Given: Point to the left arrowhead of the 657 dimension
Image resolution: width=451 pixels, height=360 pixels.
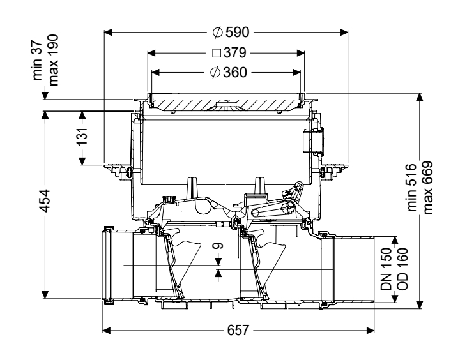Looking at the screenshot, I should (x=106, y=331).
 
